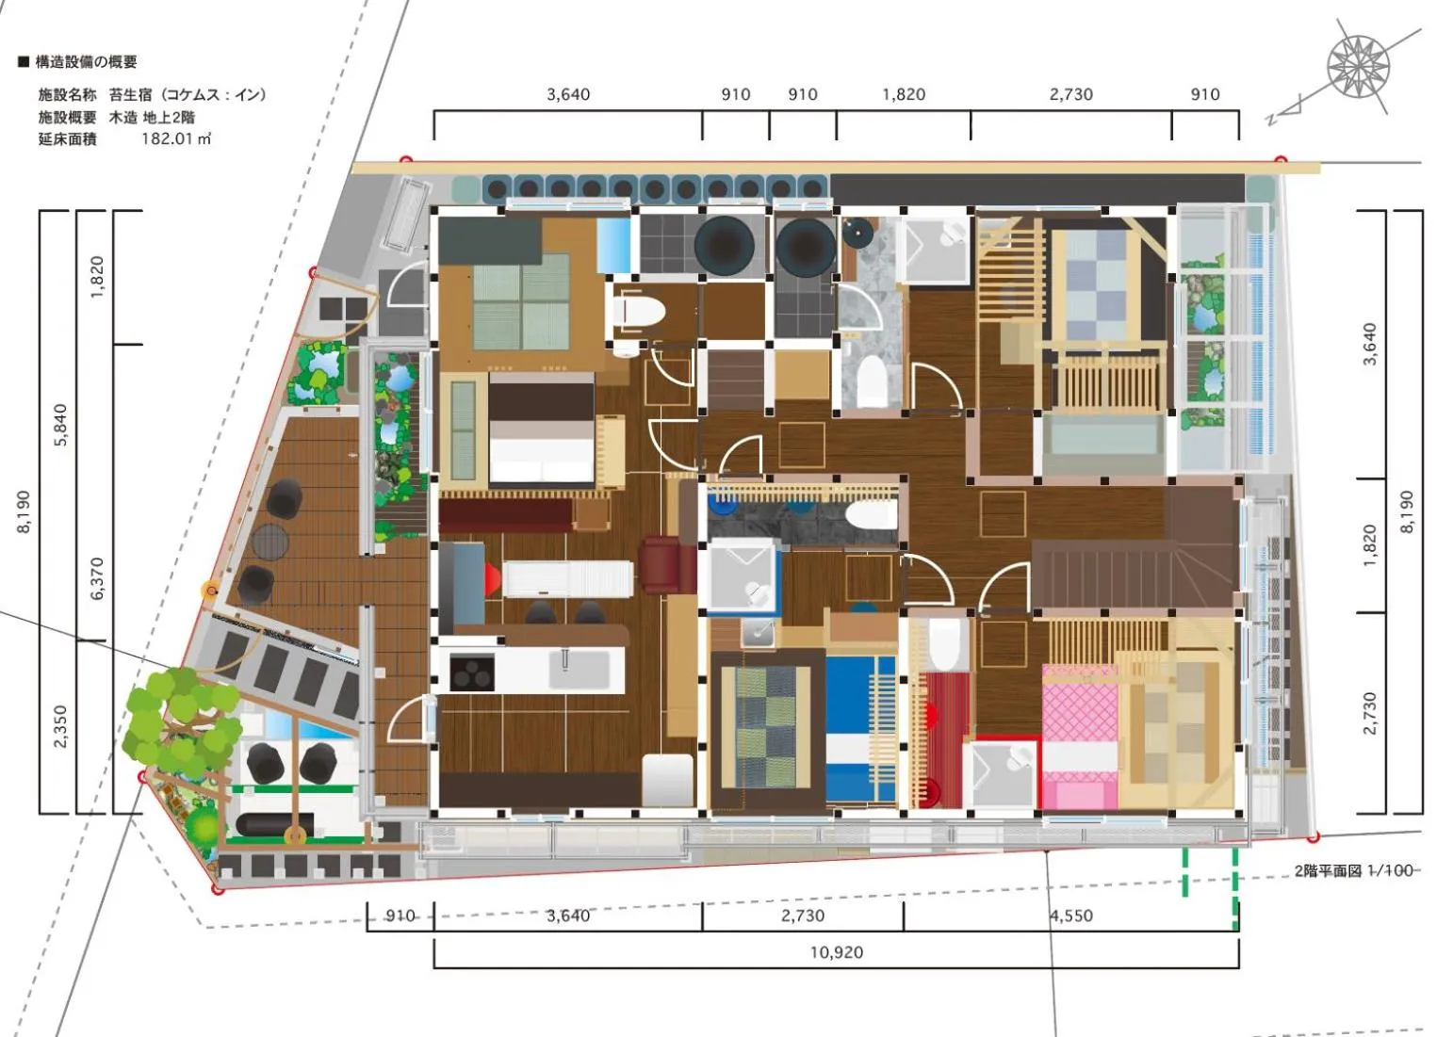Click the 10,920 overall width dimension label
(836, 952)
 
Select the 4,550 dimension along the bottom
(1070, 915)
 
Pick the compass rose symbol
(1358, 67)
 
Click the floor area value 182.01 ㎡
(175, 138)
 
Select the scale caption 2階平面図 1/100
(1353, 870)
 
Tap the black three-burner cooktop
(471, 672)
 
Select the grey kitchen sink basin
(579, 670)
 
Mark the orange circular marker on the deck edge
(208, 591)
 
